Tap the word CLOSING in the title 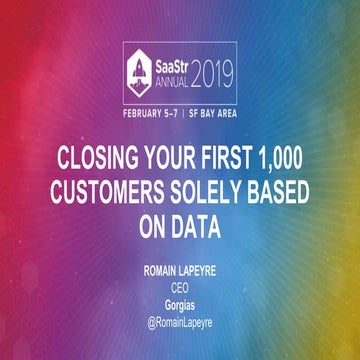(94, 158)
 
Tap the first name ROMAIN (153, 269)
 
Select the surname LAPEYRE (203, 269)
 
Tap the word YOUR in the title (161, 158)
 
